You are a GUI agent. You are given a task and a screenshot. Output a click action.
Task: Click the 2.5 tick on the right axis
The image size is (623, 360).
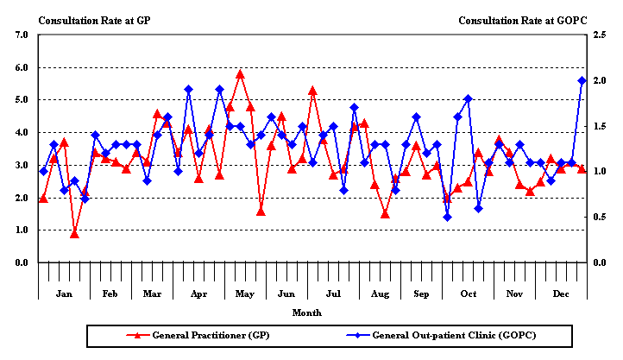[602, 35]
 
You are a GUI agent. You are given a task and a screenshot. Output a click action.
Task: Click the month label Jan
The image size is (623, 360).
[64, 294]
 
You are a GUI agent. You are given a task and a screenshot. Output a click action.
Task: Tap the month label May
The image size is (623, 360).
[244, 294]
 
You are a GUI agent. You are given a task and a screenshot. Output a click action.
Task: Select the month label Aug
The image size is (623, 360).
[380, 294]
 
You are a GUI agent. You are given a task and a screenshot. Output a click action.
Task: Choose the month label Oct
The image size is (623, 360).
[469, 294]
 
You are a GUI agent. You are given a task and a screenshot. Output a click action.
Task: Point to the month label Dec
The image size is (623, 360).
[561, 294]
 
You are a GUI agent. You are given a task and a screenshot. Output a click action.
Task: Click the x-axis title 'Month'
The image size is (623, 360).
[307, 312]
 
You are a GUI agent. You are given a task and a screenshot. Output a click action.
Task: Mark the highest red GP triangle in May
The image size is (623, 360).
[240, 74]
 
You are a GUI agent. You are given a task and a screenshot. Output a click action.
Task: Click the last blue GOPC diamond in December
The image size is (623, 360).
[582, 80]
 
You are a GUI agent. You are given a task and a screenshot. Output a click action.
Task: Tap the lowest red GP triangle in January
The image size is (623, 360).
[74, 234]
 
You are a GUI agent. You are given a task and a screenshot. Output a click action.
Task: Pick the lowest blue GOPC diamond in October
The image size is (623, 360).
[447, 217]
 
